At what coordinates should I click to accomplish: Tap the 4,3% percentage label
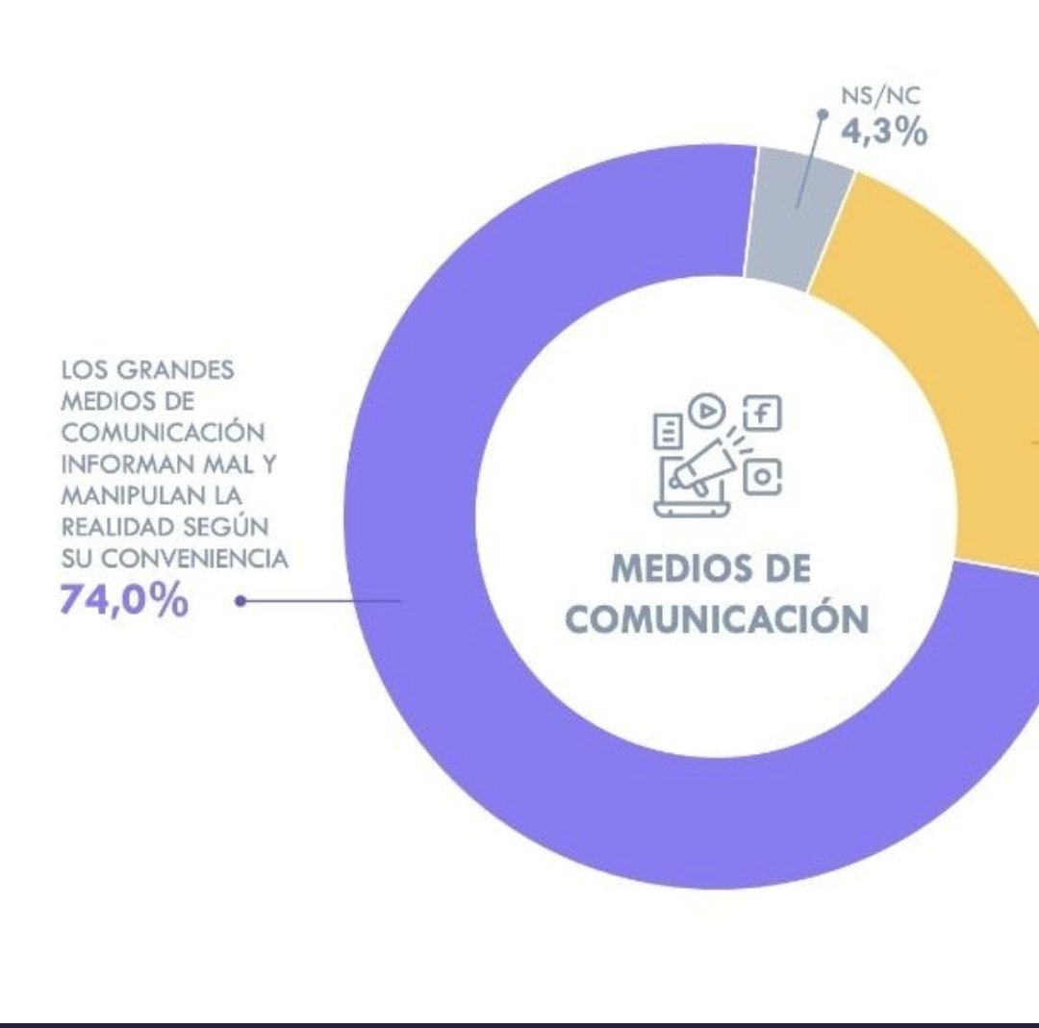coord(884,133)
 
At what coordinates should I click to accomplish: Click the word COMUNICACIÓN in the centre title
coord(717,619)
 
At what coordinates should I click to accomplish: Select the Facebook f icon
coord(763,414)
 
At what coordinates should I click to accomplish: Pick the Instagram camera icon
coord(762,476)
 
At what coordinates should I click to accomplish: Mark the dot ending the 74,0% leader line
coord(241,601)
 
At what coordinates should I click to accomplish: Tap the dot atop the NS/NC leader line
coord(823,113)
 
